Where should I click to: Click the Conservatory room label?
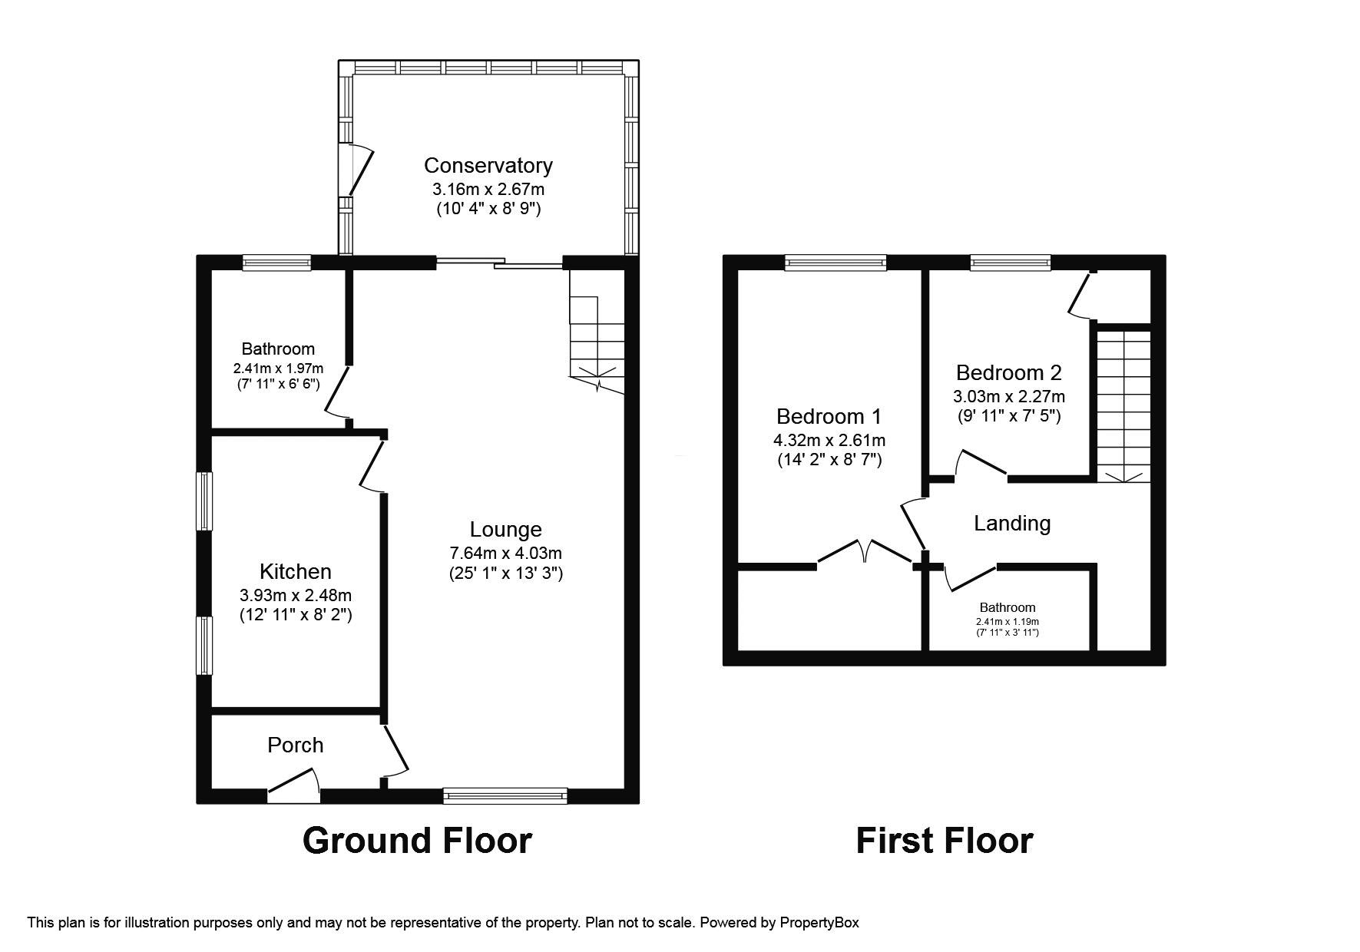pos(488,165)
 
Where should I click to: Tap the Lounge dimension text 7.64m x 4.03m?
pos(505,553)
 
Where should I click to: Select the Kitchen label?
pos(295,571)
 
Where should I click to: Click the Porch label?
pos(295,745)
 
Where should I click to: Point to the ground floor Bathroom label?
pos(278,349)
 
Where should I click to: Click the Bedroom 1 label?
pos(829,416)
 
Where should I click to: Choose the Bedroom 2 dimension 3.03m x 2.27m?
pos(1008,396)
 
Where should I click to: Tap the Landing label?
pos(1011,523)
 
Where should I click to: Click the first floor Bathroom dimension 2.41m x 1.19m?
pos(1007,622)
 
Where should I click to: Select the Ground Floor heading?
pos(417,840)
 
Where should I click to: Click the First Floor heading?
pos(944,840)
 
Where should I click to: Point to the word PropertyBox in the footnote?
pos(819,923)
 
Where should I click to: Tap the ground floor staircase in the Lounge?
pos(597,338)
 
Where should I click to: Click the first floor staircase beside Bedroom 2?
pos(1123,403)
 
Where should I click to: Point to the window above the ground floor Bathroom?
pos(276,263)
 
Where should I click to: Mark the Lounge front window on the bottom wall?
pos(505,795)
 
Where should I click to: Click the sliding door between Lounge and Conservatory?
pos(499,263)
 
